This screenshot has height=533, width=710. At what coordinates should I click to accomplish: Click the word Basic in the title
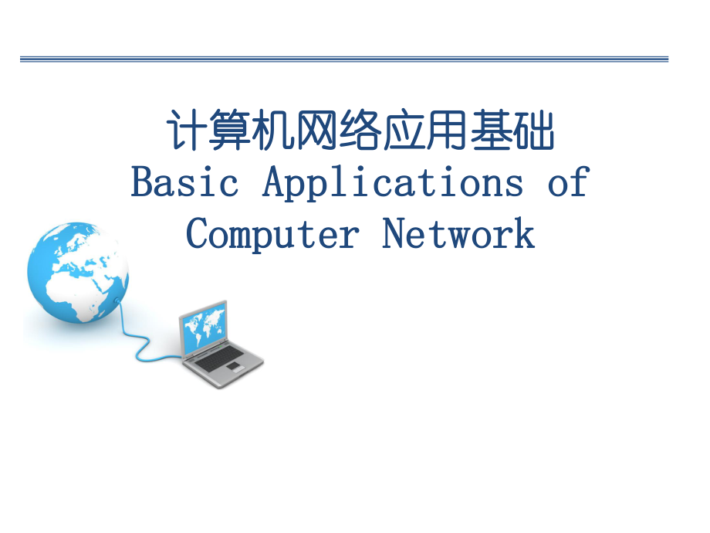pos(184,183)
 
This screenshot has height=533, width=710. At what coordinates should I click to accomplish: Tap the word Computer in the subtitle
pos(272,233)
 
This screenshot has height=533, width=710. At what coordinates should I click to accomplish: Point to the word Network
pos(458,233)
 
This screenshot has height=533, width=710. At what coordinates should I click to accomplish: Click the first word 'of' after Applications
pos(568,183)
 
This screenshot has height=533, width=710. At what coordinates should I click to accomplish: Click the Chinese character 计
pos(188,132)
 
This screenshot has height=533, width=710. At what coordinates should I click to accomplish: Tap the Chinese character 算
pos(230,132)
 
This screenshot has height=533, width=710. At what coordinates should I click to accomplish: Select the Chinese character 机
pos(274,132)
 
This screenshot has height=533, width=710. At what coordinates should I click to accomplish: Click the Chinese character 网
pos(317,132)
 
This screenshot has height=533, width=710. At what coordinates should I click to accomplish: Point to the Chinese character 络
pos(360,132)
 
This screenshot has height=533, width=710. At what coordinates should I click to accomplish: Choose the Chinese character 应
pos(404,132)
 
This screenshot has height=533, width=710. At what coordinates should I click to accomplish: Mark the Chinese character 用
pos(447,132)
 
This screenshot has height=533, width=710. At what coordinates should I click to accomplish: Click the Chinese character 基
pos(490,132)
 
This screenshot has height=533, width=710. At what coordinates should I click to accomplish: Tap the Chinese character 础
pos(533,132)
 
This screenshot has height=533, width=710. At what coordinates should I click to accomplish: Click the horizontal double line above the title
pos(344,59)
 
